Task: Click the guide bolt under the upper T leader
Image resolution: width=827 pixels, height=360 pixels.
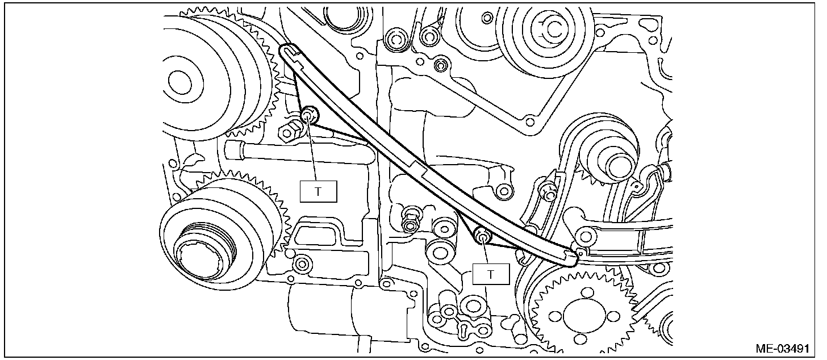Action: [x=309, y=116]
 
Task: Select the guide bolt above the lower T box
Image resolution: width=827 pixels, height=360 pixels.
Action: [x=482, y=236]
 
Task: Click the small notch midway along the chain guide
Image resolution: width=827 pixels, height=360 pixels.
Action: [x=421, y=168]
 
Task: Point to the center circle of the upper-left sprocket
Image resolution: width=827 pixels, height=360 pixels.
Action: [x=179, y=79]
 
